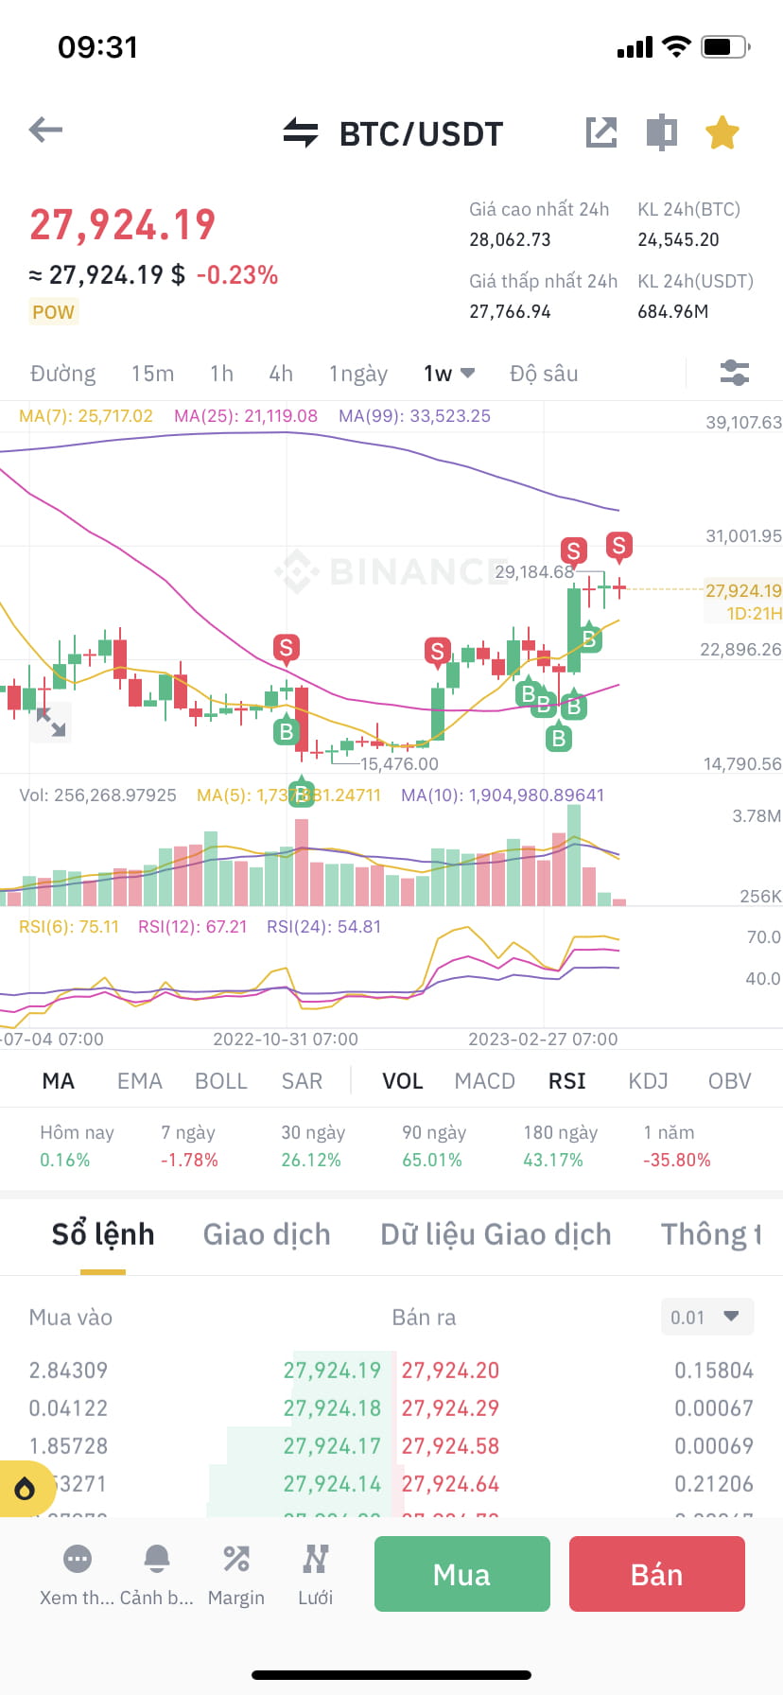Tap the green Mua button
(461, 1574)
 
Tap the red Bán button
(656, 1574)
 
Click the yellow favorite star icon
(722, 133)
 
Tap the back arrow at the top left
(45, 130)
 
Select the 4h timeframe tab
(281, 374)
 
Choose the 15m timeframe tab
(152, 374)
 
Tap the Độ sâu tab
(544, 374)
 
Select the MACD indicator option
(484, 1081)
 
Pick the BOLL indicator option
(220, 1081)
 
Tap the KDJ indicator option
(648, 1081)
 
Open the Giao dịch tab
(267, 1234)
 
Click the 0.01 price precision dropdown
(705, 1317)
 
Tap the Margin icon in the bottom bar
(235, 1574)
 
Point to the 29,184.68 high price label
(534, 572)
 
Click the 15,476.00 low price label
(399, 763)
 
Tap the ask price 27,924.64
(450, 1484)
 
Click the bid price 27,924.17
(332, 1446)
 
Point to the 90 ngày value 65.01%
(432, 1160)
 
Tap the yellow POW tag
(53, 312)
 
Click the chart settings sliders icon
(734, 373)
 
